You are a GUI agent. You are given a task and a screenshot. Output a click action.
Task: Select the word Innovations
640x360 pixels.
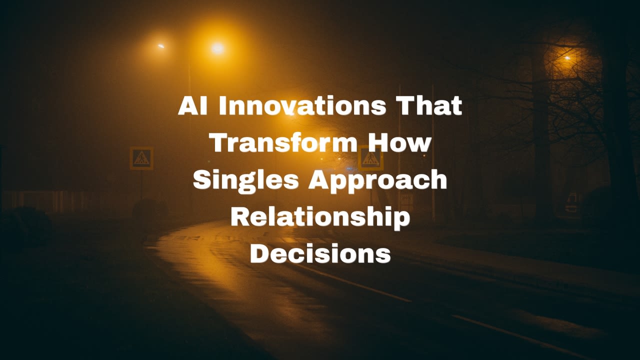pyautogui.click(x=302, y=105)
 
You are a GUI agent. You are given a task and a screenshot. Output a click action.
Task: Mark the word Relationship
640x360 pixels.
pyautogui.click(x=320, y=218)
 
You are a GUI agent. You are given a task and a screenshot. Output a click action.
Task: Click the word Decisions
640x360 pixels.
pyautogui.click(x=320, y=253)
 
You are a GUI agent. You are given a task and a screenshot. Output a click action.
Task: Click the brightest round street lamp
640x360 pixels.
pyautogui.click(x=217, y=48)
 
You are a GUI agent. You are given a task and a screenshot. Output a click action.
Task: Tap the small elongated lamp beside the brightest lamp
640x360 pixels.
pyautogui.click(x=161, y=46)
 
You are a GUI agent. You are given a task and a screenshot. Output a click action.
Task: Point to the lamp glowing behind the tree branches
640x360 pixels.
pyautogui.click(x=567, y=58)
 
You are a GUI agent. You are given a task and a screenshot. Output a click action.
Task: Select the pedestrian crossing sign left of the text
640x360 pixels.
pyautogui.click(x=141, y=158)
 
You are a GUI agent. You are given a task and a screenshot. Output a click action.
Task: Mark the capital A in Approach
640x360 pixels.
pyautogui.click(x=319, y=179)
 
